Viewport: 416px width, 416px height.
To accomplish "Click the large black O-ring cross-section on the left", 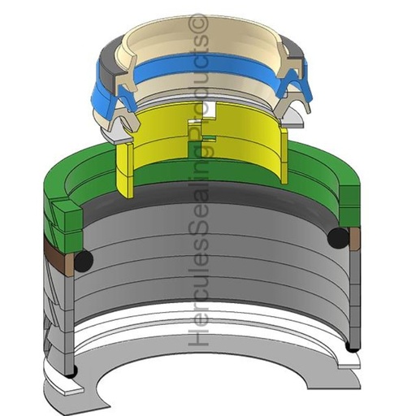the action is [84, 261].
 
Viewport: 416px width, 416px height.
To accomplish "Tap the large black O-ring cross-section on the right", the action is [338, 238].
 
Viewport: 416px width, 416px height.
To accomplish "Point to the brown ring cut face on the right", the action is [355, 238].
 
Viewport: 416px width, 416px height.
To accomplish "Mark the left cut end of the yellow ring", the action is [125, 170].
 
